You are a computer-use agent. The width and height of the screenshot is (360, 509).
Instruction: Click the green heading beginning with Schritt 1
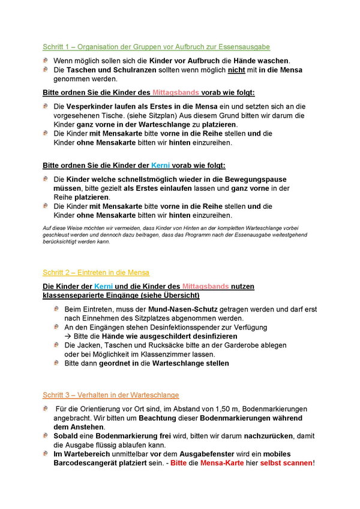pos(156,46)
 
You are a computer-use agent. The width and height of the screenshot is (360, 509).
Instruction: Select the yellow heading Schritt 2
pos(96,273)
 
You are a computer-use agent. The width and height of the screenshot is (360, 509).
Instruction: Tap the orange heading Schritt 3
pos(110,394)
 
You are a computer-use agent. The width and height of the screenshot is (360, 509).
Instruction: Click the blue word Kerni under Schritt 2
pos(103,286)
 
